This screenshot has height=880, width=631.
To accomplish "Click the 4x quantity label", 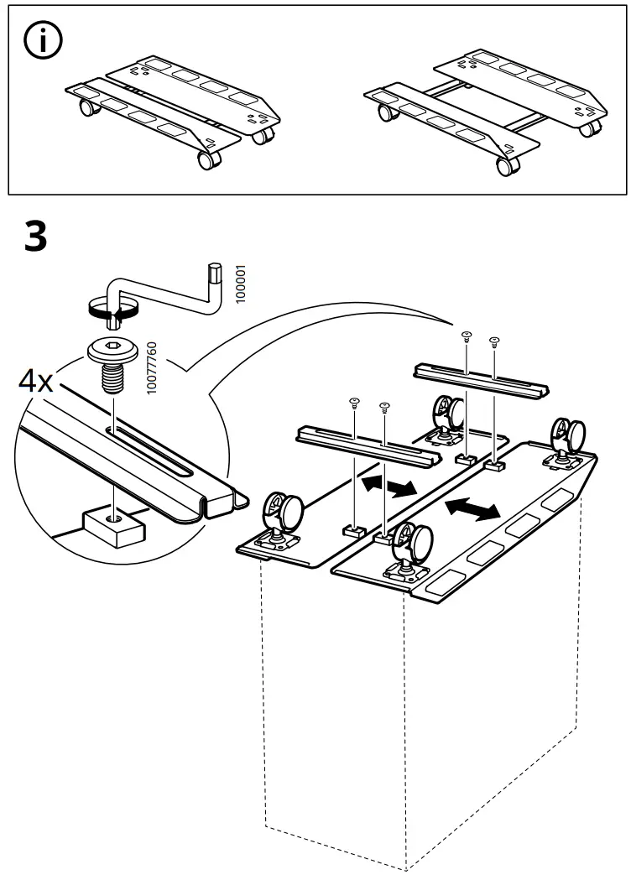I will point(36,383).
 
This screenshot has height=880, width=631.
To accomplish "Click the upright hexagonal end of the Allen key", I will point(214,273).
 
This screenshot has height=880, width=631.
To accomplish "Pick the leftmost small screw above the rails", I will point(354,402).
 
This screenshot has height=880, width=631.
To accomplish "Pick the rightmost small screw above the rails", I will point(495,340).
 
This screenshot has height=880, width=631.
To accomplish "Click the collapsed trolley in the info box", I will point(172,109).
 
